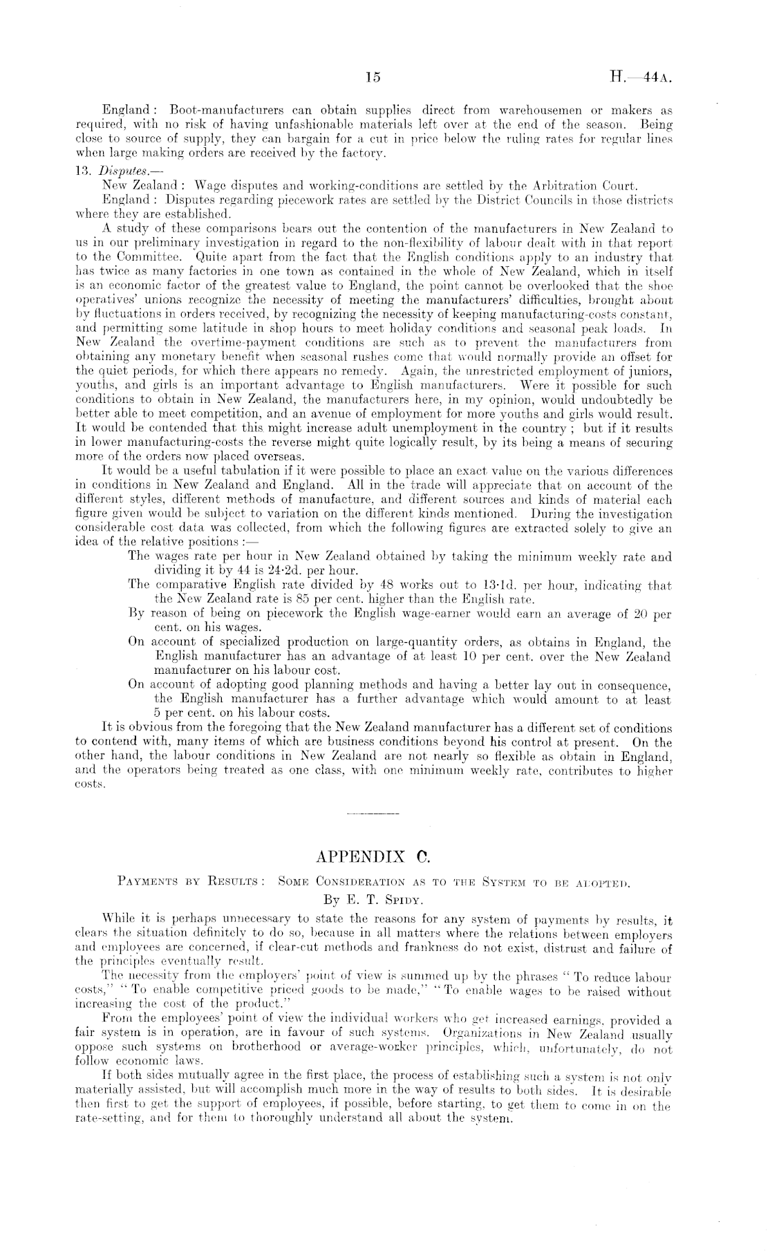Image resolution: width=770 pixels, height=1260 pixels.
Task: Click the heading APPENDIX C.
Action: tap(373, 858)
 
